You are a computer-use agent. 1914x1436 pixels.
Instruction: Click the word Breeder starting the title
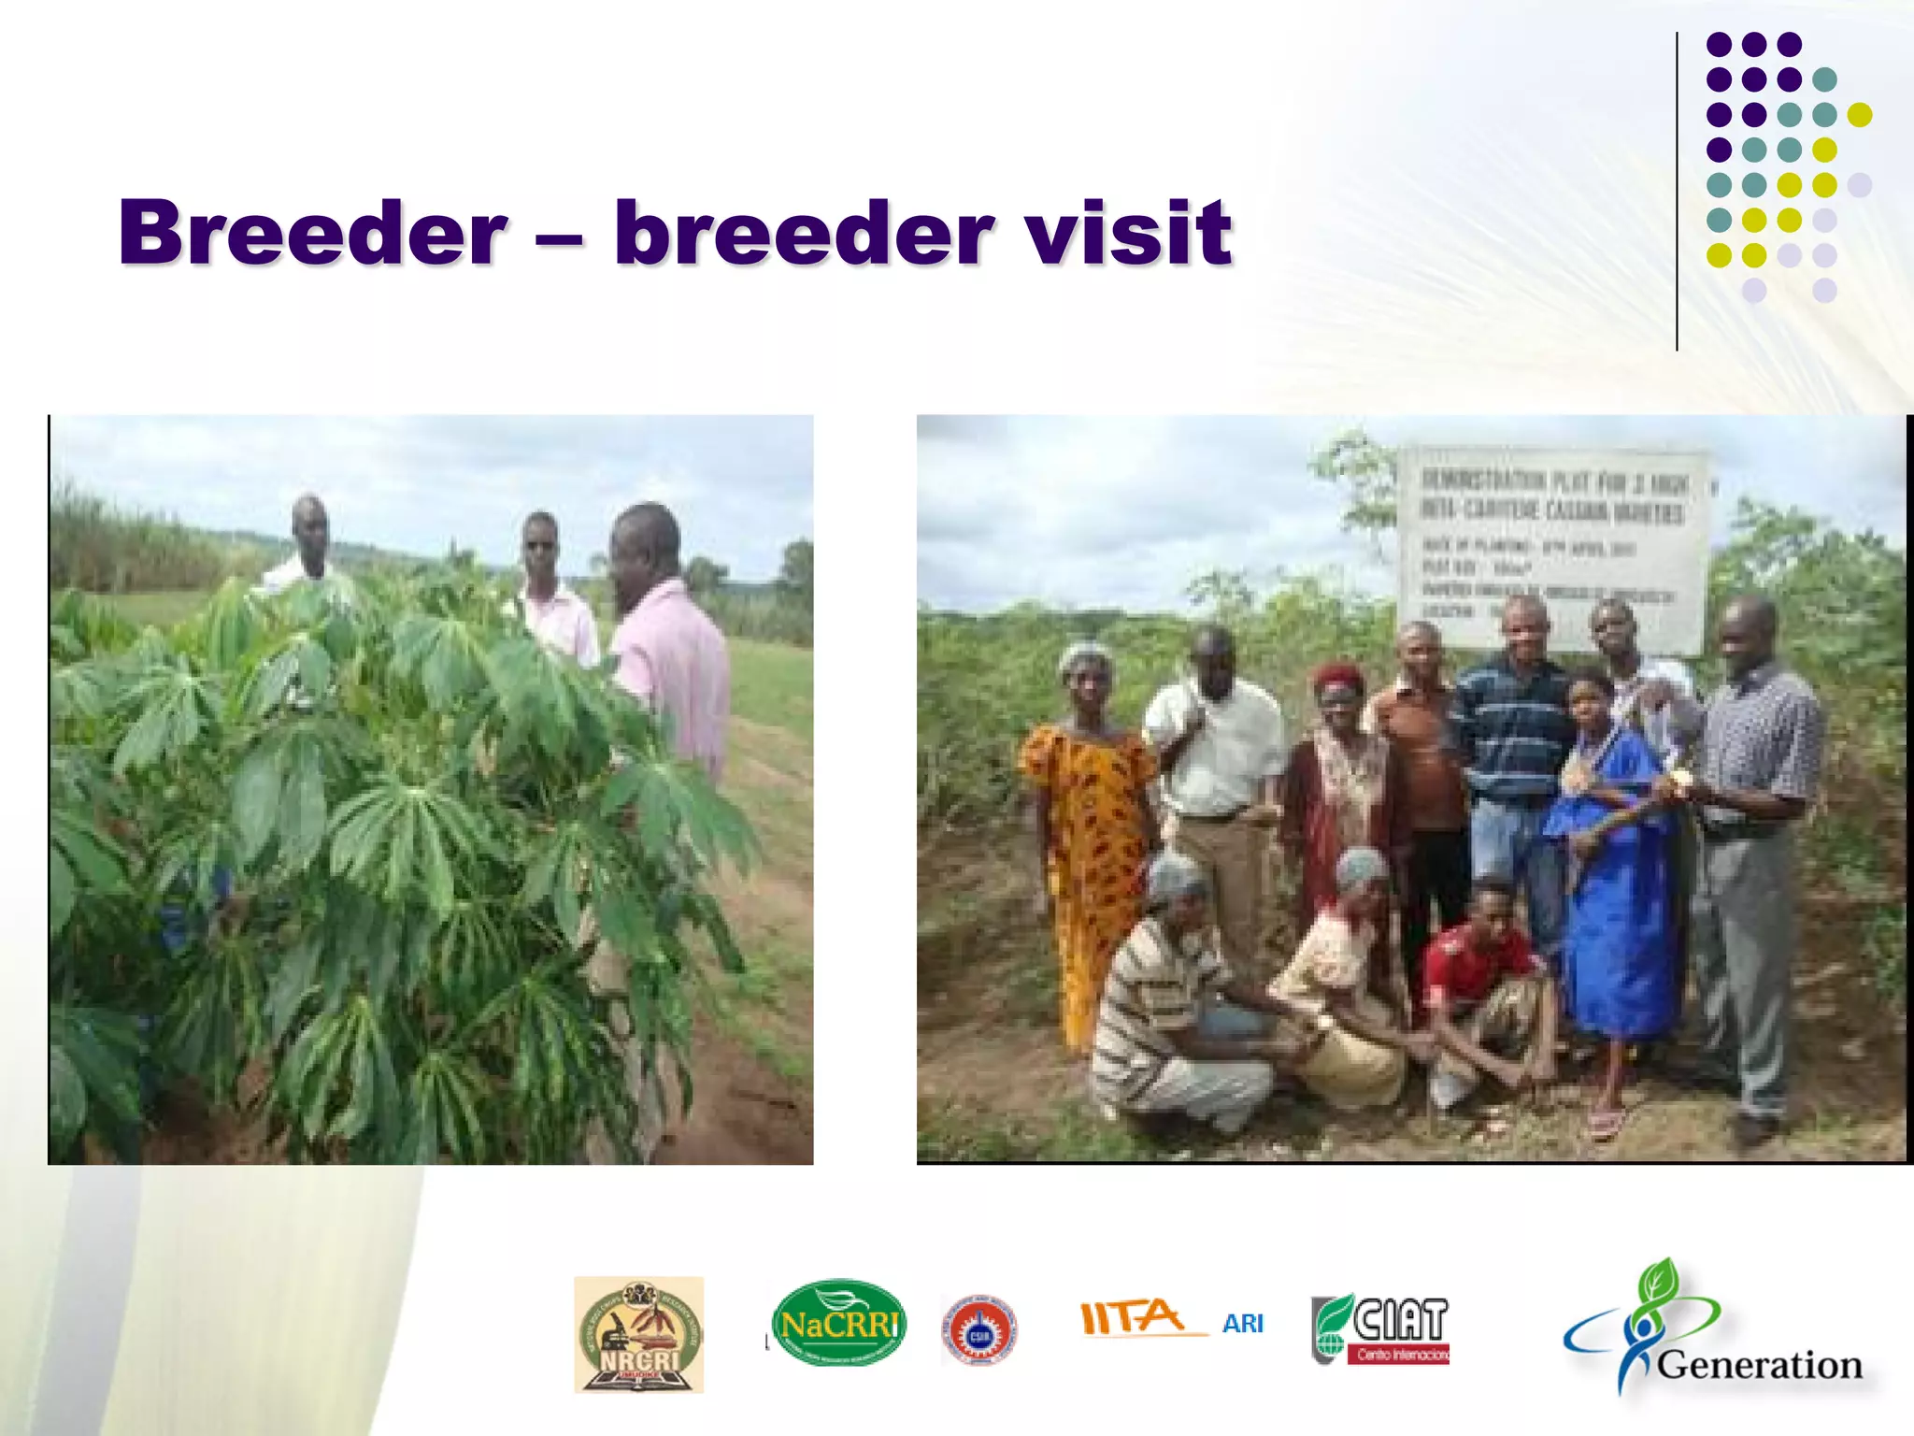pyautogui.click(x=313, y=234)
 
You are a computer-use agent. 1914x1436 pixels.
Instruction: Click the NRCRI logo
pyautogui.click(x=638, y=1335)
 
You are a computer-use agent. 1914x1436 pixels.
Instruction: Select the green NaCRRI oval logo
pyautogui.click(x=838, y=1323)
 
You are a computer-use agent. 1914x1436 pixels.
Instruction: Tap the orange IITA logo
pyautogui.click(x=1134, y=1318)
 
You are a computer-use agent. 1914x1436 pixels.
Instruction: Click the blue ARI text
pyautogui.click(x=1242, y=1324)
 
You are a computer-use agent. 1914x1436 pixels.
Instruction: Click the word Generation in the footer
pyautogui.click(x=1759, y=1365)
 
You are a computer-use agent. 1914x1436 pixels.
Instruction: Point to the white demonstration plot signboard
pyautogui.click(x=1551, y=547)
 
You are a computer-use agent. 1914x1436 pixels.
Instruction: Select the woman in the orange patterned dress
pyautogui.click(x=1089, y=823)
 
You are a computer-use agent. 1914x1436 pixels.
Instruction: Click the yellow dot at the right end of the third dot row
pyautogui.click(x=1859, y=115)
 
